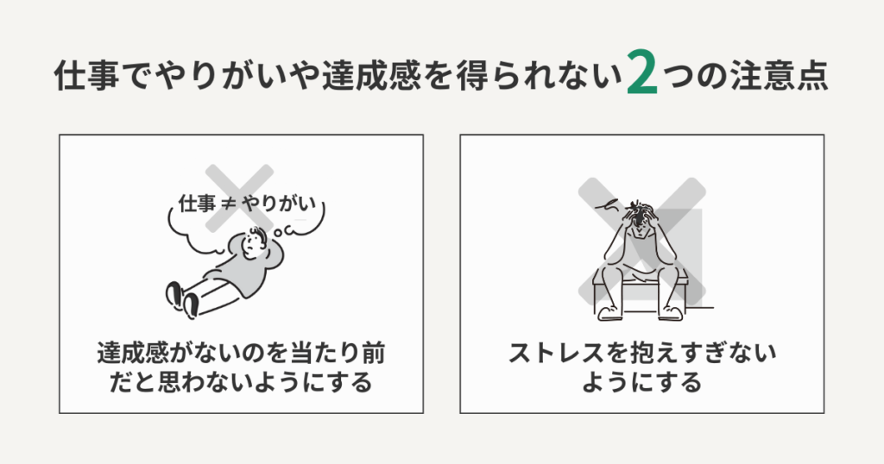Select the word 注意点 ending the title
(x=782, y=78)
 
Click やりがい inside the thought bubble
(x=275, y=205)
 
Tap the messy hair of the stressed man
(x=640, y=212)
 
